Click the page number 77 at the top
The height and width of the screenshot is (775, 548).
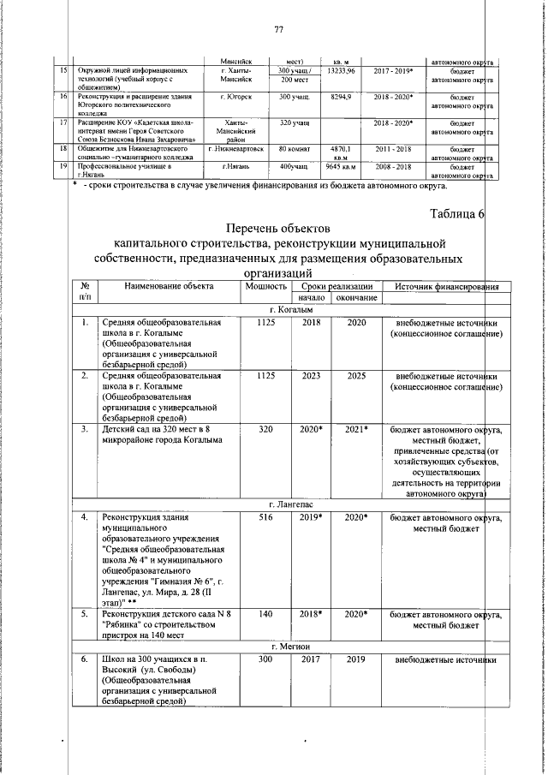pyautogui.click(x=278, y=31)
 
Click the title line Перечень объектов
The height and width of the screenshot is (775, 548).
pyautogui.click(x=277, y=229)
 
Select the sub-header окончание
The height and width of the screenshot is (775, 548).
pyautogui.click(x=356, y=297)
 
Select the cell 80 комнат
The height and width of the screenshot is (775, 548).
pyautogui.click(x=293, y=148)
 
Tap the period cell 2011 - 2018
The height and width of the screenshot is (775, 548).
pyautogui.click(x=393, y=148)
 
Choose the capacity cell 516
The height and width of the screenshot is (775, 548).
pyautogui.click(x=265, y=518)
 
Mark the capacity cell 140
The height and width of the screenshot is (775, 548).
pyautogui.click(x=265, y=614)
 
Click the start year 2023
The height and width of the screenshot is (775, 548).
pyautogui.click(x=311, y=376)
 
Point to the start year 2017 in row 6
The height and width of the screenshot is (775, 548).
pyautogui.click(x=311, y=659)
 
